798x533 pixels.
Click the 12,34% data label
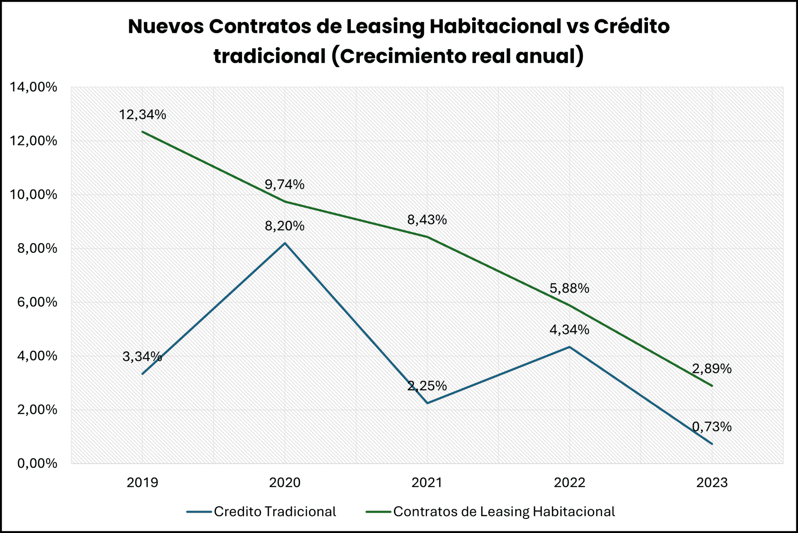[142, 114]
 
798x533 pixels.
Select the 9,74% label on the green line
[284, 184]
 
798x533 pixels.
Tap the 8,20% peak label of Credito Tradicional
[284, 226]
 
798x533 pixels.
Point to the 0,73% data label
[712, 426]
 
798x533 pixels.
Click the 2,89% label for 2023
[712, 368]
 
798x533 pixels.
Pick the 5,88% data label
[569, 288]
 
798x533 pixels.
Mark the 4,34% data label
[569, 330]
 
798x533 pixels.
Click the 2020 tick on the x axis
[284, 483]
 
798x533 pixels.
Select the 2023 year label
[712, 483]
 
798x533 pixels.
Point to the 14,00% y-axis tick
[33, 87]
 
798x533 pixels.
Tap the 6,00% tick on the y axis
[37, 302]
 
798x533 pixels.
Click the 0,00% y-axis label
[37, 463]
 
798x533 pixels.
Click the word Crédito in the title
[631, 26]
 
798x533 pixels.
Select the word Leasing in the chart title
[385, 26]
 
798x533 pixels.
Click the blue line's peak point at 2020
[285, 243]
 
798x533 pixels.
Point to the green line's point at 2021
[427, 237]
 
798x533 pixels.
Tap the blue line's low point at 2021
[427, 403]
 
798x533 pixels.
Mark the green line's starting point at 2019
[143, 132]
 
